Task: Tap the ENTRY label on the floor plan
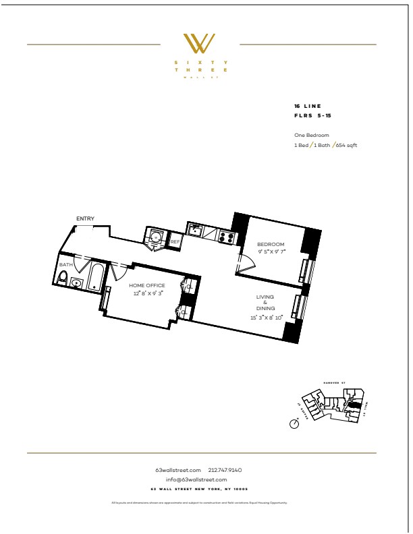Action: (85, 218)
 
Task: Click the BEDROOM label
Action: (271, 243)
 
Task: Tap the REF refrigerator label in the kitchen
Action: (174, 241)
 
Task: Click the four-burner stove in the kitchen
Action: (225, 237)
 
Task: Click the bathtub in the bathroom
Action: (93, 277)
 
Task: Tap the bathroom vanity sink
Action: (76, 284)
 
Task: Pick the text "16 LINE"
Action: (307, 107)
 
